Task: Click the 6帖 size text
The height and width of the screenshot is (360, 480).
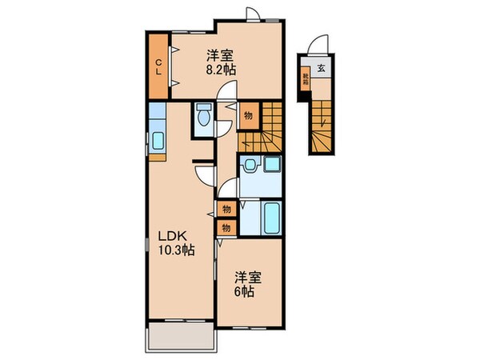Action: (245, 292)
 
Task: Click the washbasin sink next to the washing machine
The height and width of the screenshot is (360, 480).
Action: (251, 166)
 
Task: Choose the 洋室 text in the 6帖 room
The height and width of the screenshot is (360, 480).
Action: (247, 278)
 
